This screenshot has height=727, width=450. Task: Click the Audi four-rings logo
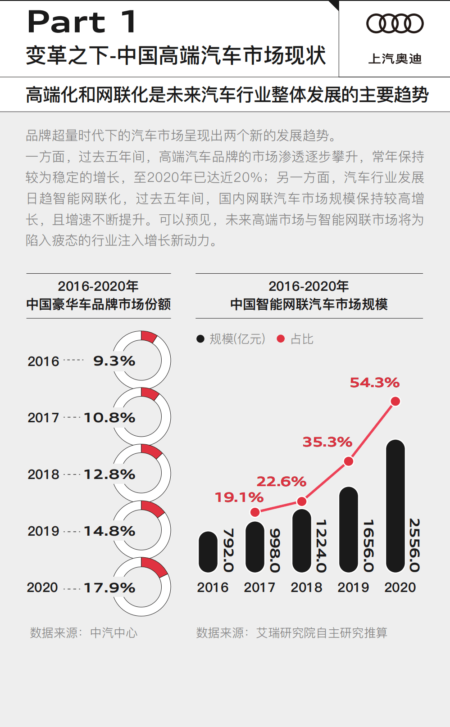pos(395,23)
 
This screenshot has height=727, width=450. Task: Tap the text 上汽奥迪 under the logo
pos(395,59)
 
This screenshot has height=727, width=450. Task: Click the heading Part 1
pos(82,22)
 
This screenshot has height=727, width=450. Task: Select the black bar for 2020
pos(395,506)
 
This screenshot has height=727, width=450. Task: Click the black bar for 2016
pos(208,552)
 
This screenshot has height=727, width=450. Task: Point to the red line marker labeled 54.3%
pos(395,401)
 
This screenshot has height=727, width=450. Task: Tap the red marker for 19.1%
pos(255,512)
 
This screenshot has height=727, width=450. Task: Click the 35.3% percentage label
pos(327,442)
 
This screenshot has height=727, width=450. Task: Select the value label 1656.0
pos(368,545)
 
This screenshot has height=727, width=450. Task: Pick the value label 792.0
pos(228,550)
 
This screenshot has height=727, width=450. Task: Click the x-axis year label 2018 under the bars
pos(306,587)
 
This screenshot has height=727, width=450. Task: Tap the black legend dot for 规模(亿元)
pos(200,339)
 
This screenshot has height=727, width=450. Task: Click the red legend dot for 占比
pos(281,339)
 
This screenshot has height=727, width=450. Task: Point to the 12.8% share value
pos(109,474)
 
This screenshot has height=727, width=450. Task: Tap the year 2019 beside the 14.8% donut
pos(43,531)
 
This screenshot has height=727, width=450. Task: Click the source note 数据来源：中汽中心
pos(83,633)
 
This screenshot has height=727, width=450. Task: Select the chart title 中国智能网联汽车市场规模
pos(309,304)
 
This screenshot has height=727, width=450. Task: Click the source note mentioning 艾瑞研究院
pos(291,633)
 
